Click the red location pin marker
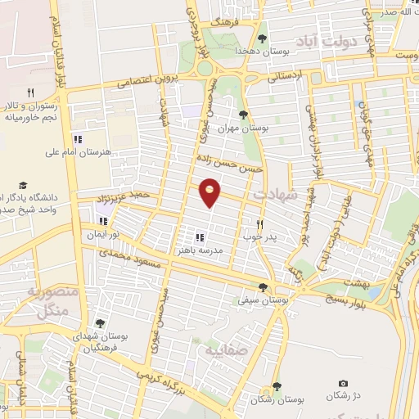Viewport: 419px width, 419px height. point(211,192)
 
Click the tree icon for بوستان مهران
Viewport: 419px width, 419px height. point(242,114)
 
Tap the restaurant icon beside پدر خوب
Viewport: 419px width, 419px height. point(260,223)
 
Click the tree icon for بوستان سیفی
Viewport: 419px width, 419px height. point(262,286)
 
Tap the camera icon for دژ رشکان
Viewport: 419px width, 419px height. point(342,384)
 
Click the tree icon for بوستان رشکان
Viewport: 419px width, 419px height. point(277,385)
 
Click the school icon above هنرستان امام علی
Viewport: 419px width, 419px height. point(79,139)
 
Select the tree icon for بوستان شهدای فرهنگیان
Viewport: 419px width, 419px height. point(100,323)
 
